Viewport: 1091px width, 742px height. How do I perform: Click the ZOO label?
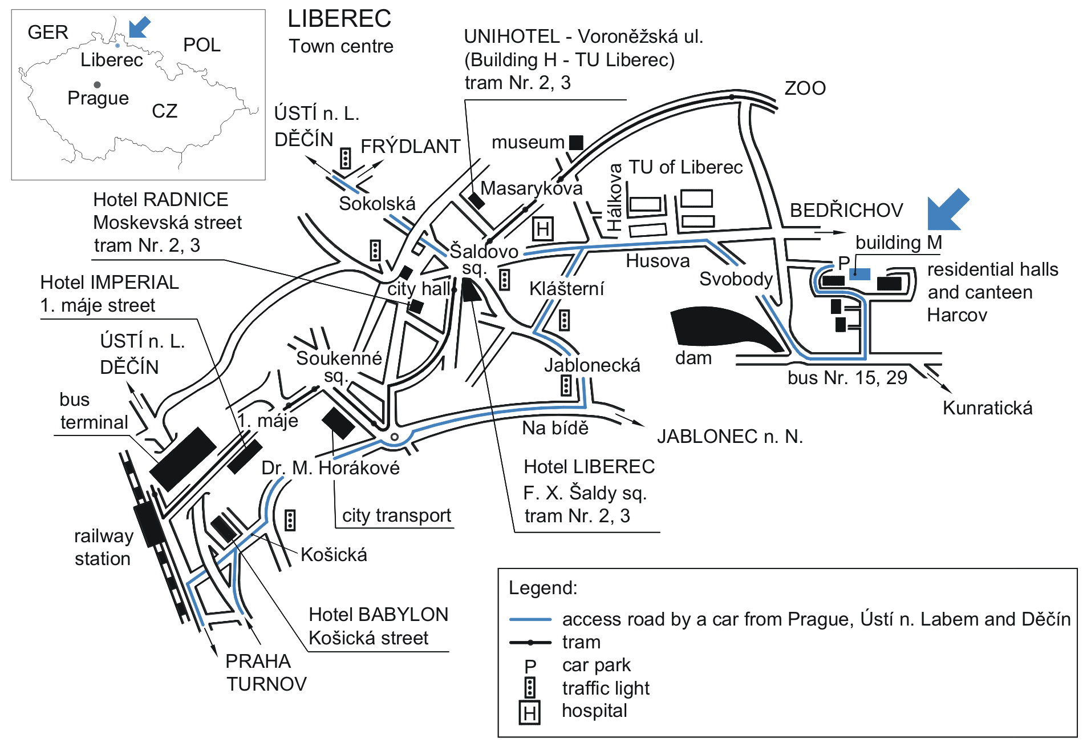click(x=805, y=88)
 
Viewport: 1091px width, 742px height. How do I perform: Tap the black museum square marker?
click(x=576, y=142)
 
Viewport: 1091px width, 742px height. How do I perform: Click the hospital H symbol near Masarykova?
click(x=542, y=229)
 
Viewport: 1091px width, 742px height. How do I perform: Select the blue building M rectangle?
click(x=860, y=274)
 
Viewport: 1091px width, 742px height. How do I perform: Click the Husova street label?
click(x=657, y=261)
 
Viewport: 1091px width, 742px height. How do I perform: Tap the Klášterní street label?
click(x=566, y=289)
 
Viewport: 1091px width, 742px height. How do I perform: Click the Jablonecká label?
click(x=591, y=365)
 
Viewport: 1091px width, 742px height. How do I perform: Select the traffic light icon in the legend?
click(x=530, y=688)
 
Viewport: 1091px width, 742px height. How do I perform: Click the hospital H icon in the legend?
click(x=529, y=713)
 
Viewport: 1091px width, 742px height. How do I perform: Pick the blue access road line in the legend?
click(x=530, y=619)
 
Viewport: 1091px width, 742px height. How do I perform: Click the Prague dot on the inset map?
click(x=98, y=84)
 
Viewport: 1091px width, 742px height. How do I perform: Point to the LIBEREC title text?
click(x=339, y=19)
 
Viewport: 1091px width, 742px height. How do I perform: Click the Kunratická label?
click(x=987, y=408)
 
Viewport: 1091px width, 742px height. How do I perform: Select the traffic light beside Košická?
click(x=290, y=520)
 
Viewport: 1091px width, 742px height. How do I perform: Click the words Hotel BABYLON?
click(x=378, y=615)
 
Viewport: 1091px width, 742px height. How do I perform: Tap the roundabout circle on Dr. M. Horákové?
click(x=394, y=437)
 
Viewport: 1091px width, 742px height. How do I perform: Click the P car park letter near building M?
click(x=843, y=263)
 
